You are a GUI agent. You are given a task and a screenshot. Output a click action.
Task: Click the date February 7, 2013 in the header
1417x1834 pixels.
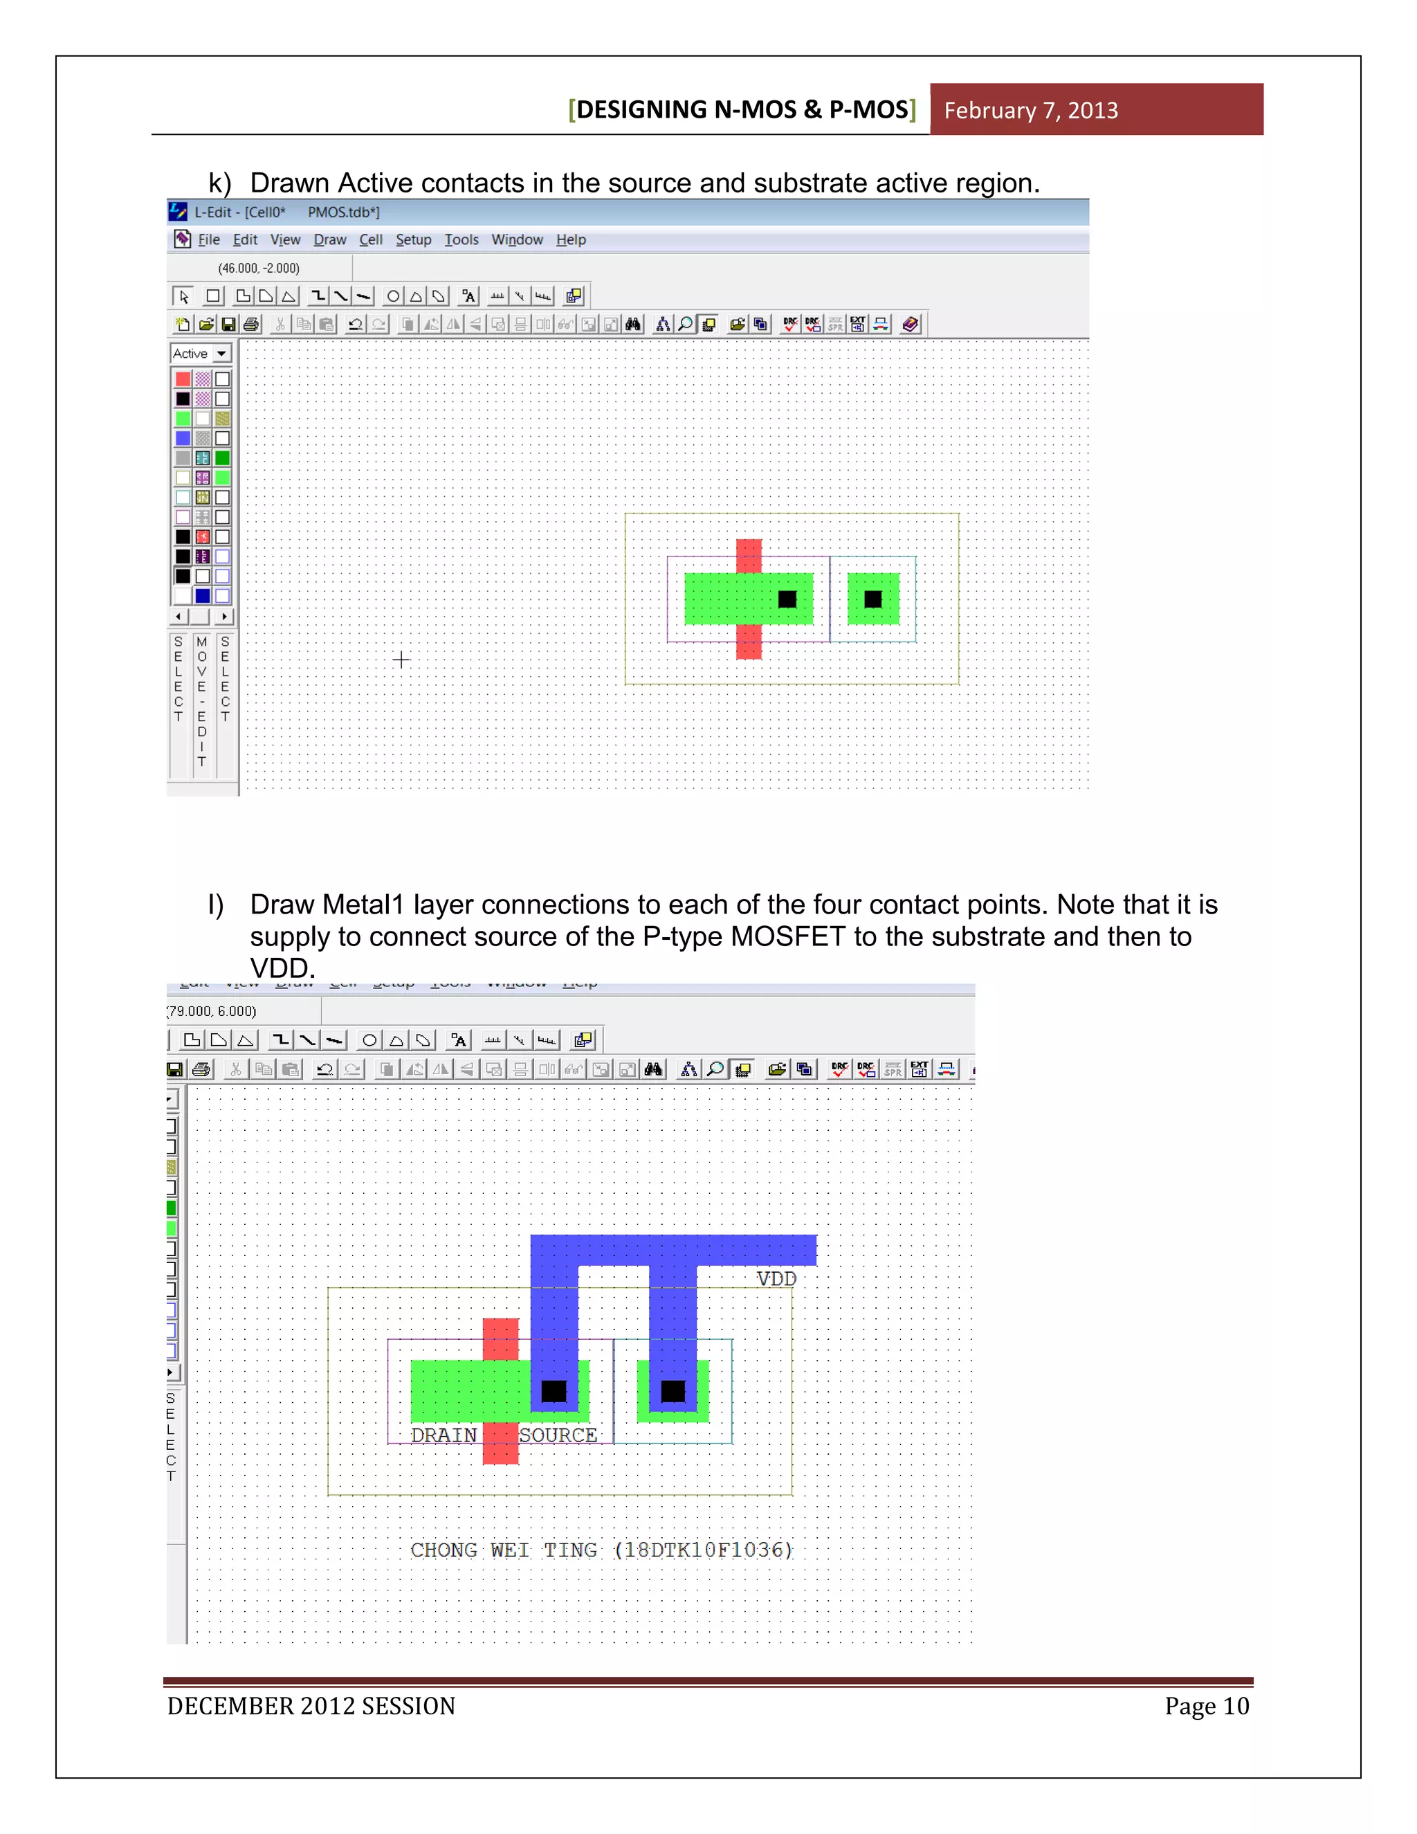tap(1030, 111)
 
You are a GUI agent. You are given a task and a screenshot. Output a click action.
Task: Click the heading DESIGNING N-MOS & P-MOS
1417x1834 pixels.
tap(742, 110)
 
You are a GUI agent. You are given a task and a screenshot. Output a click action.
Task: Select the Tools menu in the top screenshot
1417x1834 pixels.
tap(461, 240)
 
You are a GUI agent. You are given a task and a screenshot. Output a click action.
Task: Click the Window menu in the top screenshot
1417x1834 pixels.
tap(516, 240)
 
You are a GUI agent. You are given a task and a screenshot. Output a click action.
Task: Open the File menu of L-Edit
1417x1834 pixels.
tap(208, 240)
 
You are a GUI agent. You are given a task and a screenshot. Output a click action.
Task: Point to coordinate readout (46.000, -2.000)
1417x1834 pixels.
tap(259, 269)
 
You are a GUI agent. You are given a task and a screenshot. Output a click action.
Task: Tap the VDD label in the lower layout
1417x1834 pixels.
tap(776, 1279)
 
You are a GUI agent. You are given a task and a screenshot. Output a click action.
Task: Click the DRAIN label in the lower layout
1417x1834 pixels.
tap(444, 1435)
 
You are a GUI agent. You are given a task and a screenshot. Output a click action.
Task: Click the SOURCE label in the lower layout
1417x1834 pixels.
tap(558, 1435)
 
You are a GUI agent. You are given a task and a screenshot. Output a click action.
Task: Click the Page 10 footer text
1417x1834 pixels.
tap(1206, 1707)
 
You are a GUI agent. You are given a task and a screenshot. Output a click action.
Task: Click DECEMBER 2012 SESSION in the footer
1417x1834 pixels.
tap(311, 1707)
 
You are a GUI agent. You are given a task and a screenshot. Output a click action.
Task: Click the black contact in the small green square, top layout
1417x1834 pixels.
tap(873, 599)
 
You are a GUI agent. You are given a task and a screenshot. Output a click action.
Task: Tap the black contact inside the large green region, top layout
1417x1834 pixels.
tap(787, 599)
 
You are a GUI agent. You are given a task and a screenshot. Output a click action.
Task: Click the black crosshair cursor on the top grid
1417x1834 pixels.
tap(401, 660)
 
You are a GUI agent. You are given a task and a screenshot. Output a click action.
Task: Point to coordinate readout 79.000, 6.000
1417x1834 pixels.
tap(212, 1011)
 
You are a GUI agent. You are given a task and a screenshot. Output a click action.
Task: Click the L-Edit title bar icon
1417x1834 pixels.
tap(178, 212)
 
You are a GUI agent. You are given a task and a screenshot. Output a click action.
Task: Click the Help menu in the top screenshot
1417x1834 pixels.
tap(571, 240)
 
